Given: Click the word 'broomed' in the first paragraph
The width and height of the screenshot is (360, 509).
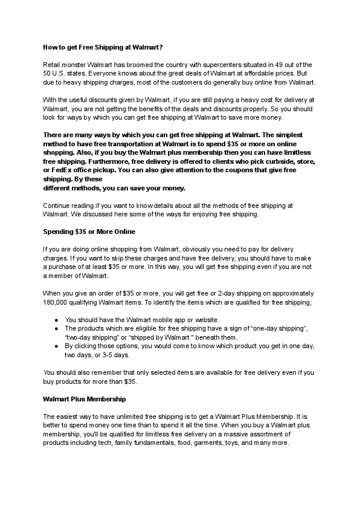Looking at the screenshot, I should coord(121,64).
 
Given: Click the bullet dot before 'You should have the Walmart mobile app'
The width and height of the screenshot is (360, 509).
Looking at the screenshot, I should coord(56,320).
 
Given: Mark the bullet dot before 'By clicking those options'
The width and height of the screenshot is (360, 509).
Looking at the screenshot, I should coord(56,346).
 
